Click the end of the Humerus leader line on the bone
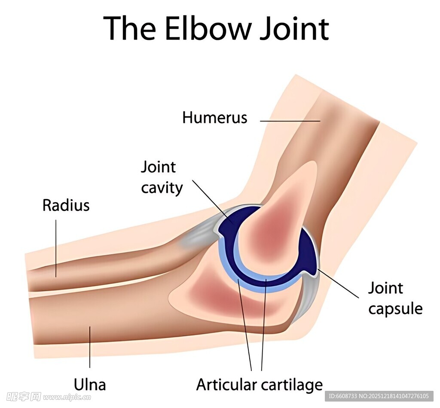click(x=320, y=121)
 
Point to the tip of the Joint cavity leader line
click(x=232, y=223)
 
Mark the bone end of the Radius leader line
click(x=56, y=277)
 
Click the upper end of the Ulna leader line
click(x=90, y=326)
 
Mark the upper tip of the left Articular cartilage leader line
click(x=238, y=279)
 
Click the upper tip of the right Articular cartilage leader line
click(x=266, y=279)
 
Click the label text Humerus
click(x=215, y=117)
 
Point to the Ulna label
click(x=90, y=384)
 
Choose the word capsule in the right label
click(x=395, y=309)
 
